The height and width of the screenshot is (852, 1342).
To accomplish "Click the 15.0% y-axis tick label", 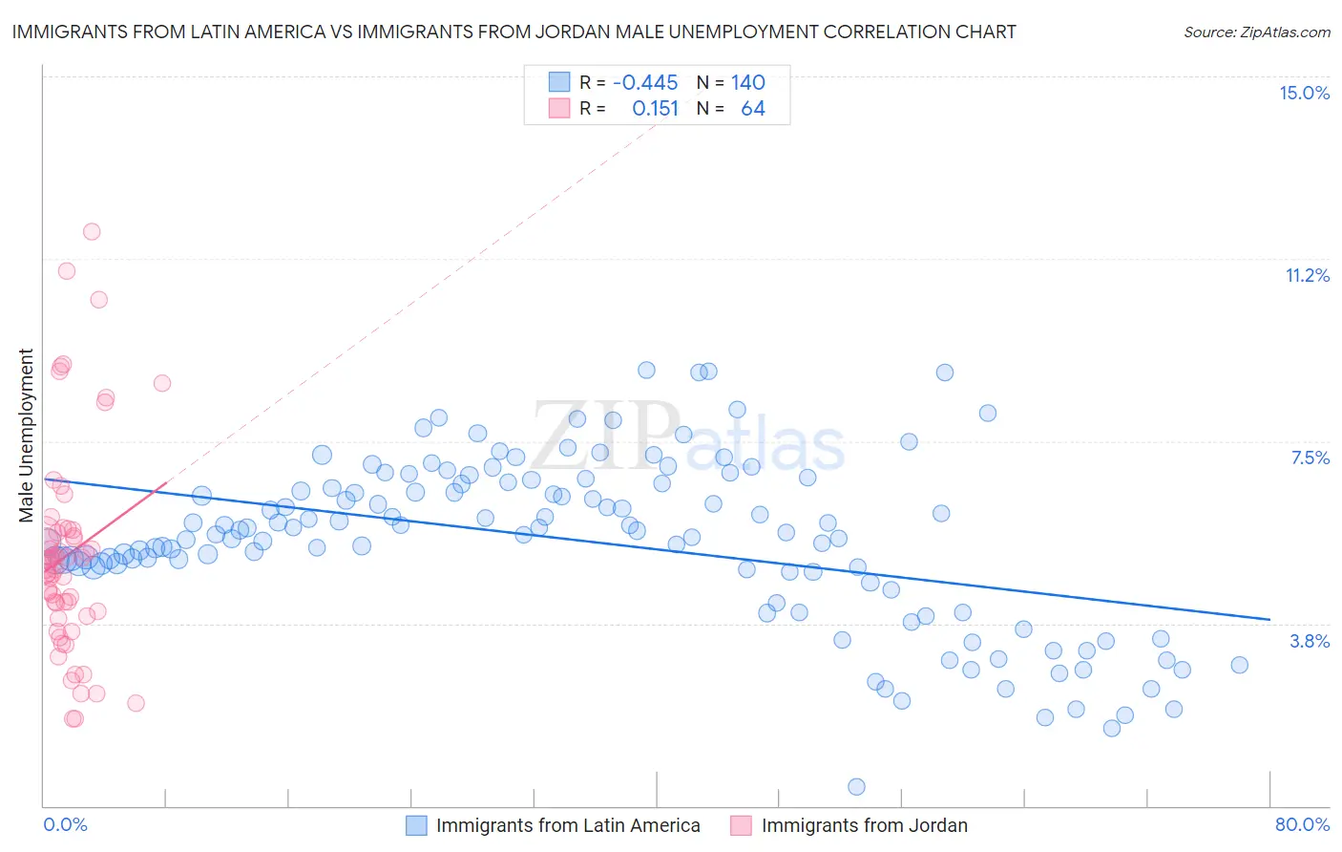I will click(1304, 93).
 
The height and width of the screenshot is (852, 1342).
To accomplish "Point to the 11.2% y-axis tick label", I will click(1307, 275).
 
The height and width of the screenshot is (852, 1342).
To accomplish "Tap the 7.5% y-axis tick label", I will click(1310, 458).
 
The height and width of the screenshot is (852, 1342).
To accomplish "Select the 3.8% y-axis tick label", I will click(1310, 641).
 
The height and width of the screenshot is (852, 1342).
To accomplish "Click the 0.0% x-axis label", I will click(65, 824).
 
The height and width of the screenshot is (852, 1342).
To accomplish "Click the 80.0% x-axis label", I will click(1302, 824).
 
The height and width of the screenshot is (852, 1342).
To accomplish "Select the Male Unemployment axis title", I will click(26, 436).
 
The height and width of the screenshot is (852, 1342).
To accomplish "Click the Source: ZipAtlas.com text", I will click(1256, 32).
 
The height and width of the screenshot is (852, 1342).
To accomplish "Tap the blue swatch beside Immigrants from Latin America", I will click(416, 825).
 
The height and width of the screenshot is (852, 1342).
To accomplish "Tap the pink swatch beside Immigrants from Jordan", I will click(741, 825).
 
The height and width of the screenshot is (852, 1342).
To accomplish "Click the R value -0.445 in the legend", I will click(645, 82).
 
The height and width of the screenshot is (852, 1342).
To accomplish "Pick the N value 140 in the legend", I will click(748, 82).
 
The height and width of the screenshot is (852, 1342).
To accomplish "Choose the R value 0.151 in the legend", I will click(655, 109).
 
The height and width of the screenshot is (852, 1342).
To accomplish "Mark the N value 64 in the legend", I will click(753, 109).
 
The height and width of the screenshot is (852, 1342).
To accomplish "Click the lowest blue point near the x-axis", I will click(856, 786).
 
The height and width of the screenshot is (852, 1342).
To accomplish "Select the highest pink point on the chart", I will click(92, 231).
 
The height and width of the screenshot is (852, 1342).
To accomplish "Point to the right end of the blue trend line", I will click(1269, 619).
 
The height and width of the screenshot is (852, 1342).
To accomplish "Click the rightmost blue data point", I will click(1239, 665).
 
